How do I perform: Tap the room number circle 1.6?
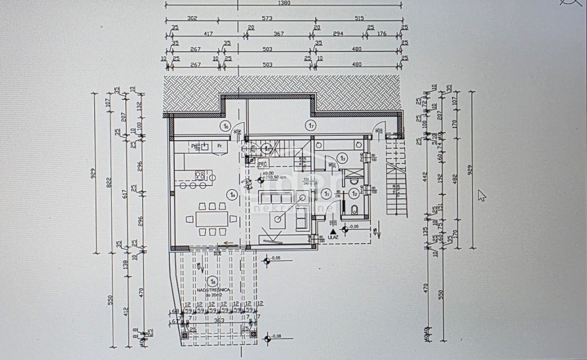(x=225, y=126)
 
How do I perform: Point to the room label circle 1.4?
(x=232, y=195)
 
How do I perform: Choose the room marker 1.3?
(x=343, y=158)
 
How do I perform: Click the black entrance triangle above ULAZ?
(x=333, y=230)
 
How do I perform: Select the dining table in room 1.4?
(x=212, y=218)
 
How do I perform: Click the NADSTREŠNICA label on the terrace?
(x=213, y=290)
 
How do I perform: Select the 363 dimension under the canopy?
(x=219, y=321)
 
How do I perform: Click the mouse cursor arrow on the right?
(x=481, y=195)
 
